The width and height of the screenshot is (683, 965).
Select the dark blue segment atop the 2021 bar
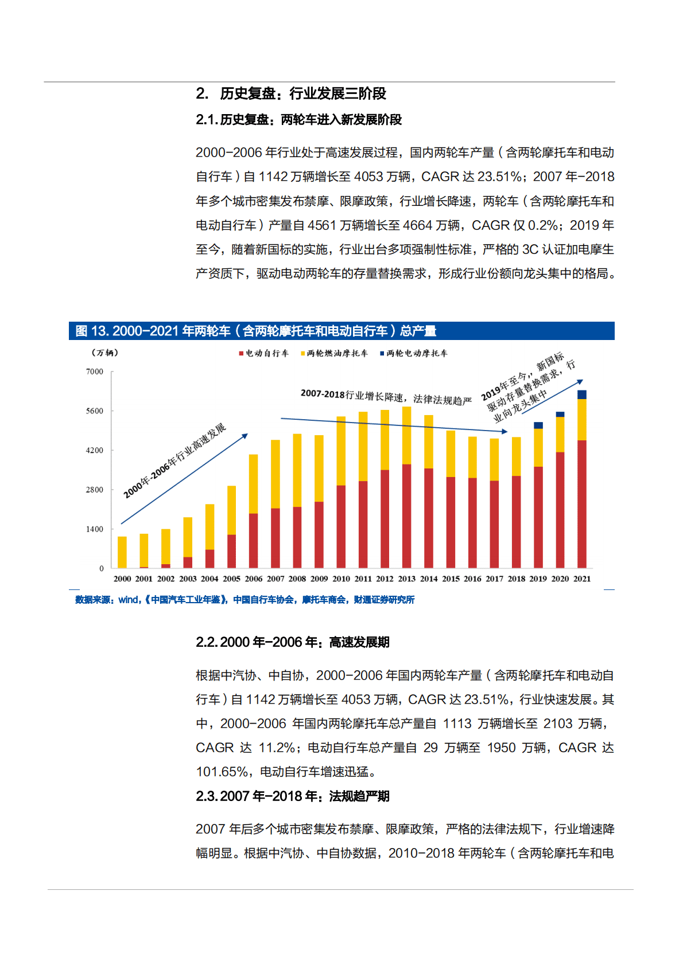(581, 394)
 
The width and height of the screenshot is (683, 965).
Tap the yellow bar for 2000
(122, 552)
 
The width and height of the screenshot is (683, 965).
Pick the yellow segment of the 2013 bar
(406, 435)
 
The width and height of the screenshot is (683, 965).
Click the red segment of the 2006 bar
(253, 540)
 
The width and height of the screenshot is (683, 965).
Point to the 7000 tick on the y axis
(95, 372)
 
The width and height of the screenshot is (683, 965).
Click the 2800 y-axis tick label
(95, 490)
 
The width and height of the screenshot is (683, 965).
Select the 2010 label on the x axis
(341, 579)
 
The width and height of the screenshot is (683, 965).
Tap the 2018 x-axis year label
(516, 579)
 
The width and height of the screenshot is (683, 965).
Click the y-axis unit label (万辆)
(105, 353)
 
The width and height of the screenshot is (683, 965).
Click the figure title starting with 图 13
(256, 331)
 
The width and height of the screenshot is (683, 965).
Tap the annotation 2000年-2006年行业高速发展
(174, 461)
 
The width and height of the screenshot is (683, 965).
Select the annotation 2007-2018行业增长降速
(386, 396)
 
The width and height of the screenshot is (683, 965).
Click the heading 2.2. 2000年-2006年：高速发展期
(293, 642)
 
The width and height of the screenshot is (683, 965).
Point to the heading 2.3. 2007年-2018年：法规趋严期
(293, 796)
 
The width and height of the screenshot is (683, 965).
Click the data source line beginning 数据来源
(245, 600)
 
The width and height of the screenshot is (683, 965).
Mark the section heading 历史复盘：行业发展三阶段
(302, 93)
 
